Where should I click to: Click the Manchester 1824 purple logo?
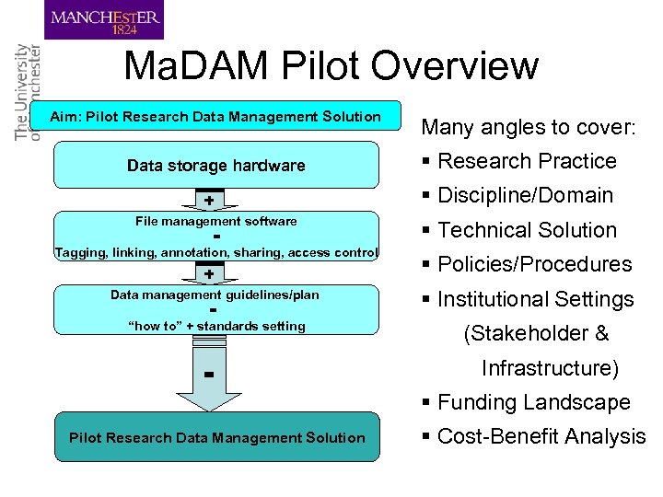pos(104,19)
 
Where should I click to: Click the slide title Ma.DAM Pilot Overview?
pos(331,66)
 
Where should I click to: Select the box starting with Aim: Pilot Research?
pos(215,117)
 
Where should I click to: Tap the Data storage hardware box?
pos(215,166)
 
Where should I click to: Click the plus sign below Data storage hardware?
pos(210,201)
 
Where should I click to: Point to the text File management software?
pos(215,221)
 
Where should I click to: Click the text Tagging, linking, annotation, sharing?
pos(215,252)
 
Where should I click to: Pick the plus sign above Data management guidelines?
pos(210,274)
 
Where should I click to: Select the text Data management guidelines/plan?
pos(215,295)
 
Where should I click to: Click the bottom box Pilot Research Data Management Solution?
pos(216,438)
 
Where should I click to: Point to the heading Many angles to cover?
pos(528,127)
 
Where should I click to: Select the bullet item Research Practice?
pos(526,161)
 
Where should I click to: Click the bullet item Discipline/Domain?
pos(525,195)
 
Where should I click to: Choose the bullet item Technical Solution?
pos(526,230)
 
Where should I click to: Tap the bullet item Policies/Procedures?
pos(534,264)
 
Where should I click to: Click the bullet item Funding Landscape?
pos(533,402)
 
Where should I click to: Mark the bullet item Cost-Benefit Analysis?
pos(541,436)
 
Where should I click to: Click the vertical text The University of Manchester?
pos(29,91)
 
